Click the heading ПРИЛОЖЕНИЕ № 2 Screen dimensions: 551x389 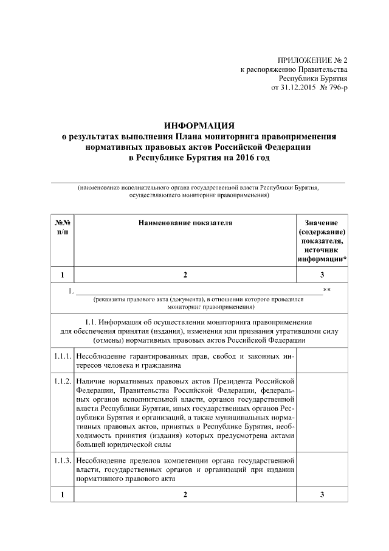(312, 61)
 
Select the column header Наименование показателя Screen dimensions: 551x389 (185, 223)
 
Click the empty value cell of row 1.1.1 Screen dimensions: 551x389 (322, 360)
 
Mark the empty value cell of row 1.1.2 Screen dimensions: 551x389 (322, 413)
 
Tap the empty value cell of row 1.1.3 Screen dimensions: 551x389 (322, 467)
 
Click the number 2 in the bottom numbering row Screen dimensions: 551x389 (185, 494)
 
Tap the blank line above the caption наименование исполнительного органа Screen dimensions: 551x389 (197, 181)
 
